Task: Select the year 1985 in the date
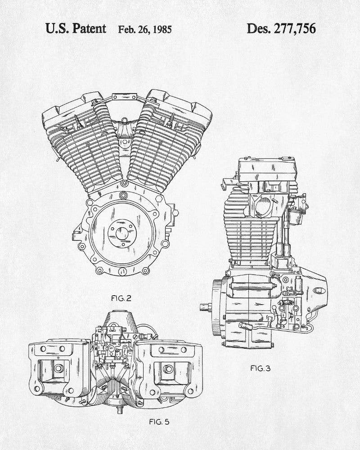[x=160, y=30]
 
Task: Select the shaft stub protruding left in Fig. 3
[x=205, y=307]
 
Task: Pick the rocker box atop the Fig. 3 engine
[x=268, y=171]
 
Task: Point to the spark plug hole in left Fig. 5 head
[x=58, y=369]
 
